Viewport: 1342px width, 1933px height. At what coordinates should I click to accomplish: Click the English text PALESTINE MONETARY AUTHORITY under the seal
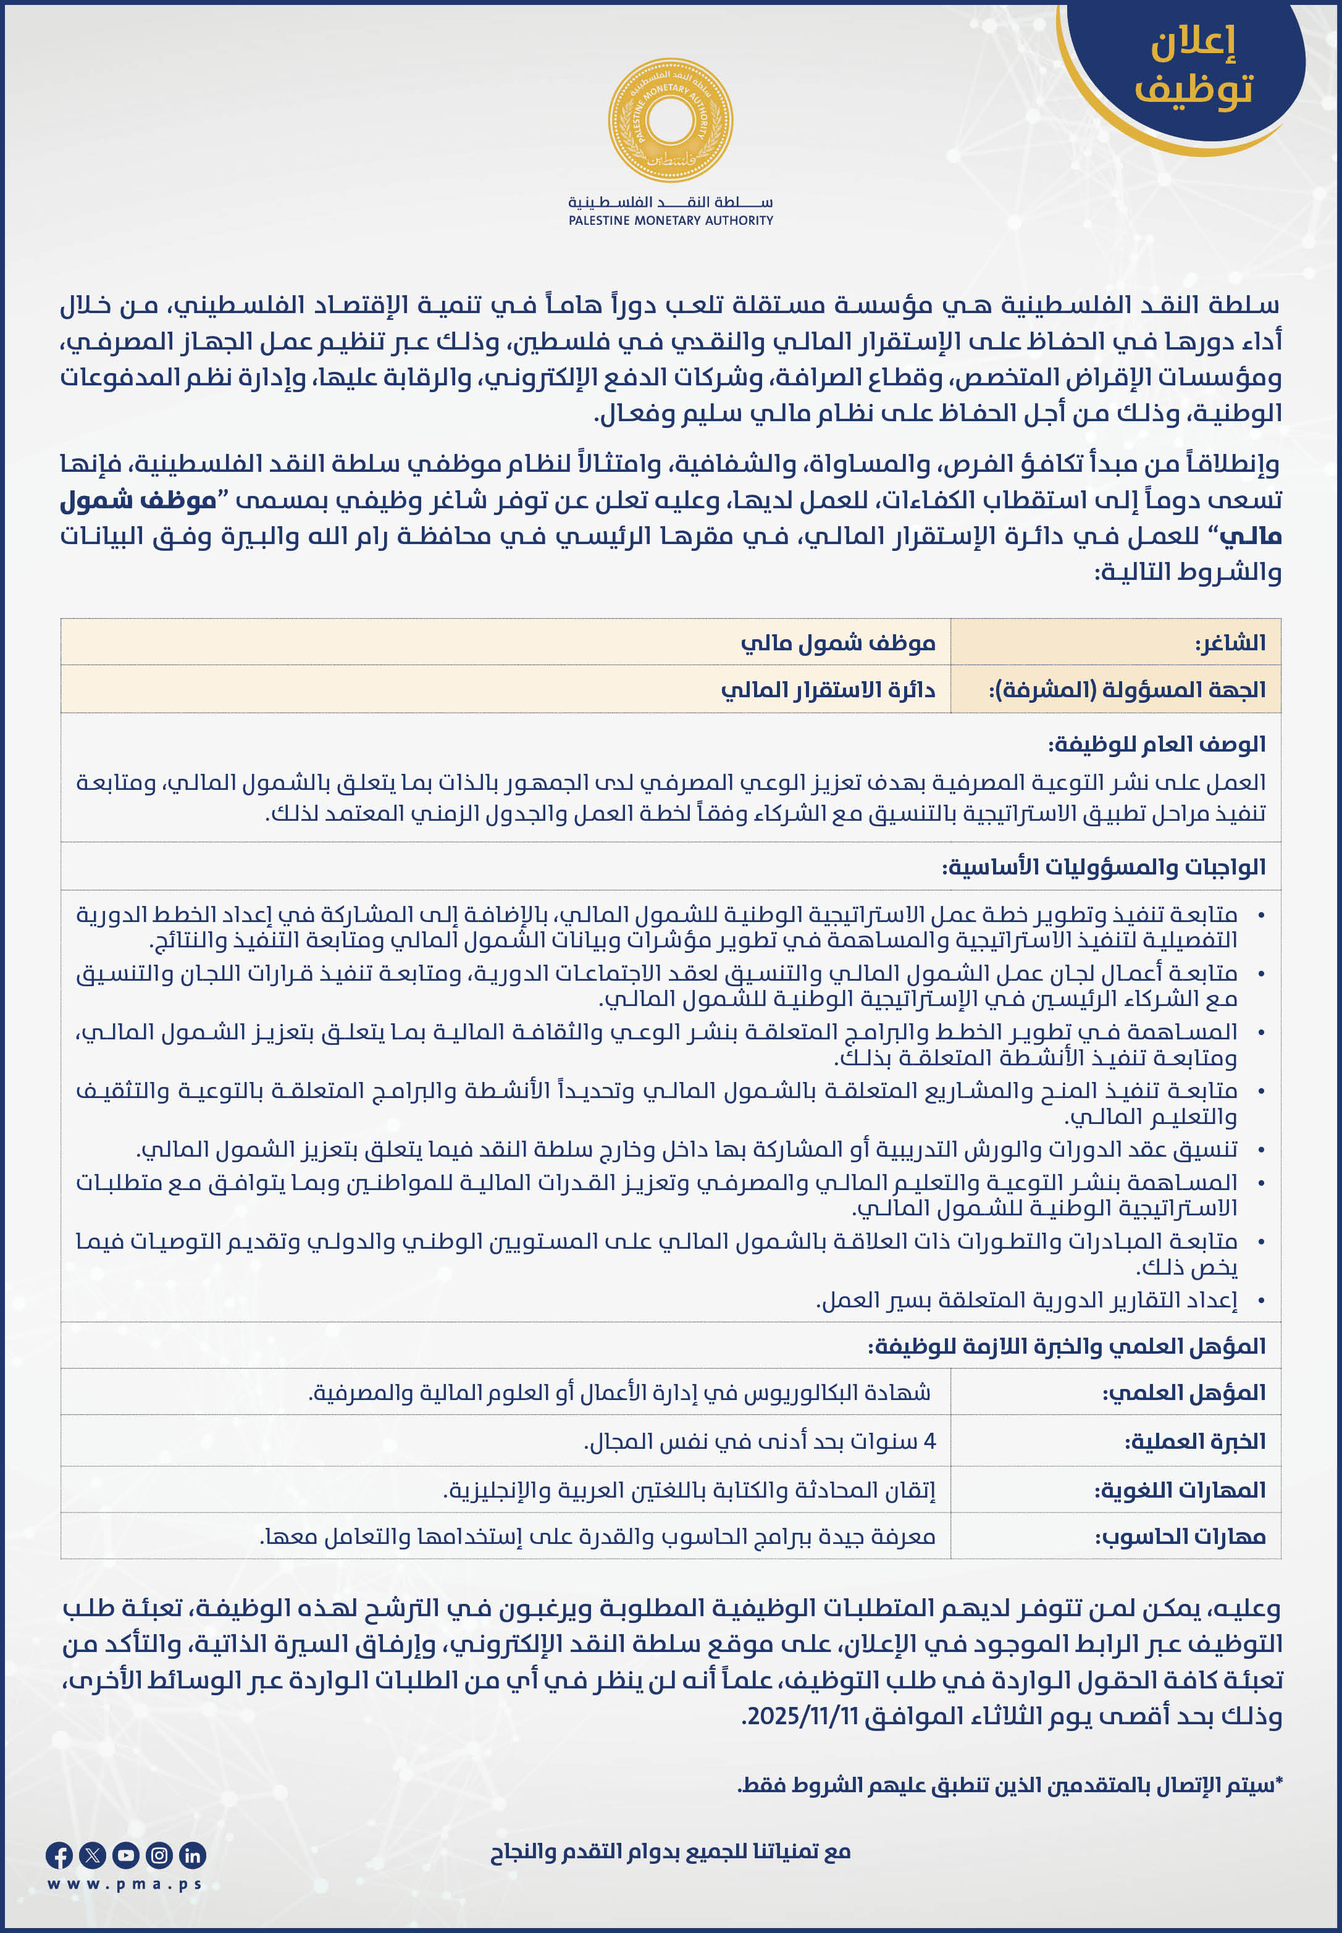point(670,220)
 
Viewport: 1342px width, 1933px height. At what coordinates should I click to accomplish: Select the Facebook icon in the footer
point(59,1855)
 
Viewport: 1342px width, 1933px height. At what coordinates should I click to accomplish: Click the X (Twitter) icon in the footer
point(93,1855)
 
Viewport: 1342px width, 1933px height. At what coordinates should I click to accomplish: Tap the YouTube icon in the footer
point(125,1855)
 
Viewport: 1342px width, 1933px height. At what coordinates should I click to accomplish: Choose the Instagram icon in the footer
point(159,1855)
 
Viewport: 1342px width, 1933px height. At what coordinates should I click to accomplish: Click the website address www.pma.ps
point(125,1884)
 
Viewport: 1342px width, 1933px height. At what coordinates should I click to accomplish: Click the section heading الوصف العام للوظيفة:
point(1156,744)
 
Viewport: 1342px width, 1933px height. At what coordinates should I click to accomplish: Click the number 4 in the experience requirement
point(929,1441)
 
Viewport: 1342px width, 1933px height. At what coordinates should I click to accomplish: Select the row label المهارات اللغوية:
point(1179,1490)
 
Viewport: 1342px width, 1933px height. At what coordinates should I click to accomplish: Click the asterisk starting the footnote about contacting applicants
point(1278,1782)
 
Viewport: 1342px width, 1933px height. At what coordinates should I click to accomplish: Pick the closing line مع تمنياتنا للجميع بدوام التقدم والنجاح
point(670,1851)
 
